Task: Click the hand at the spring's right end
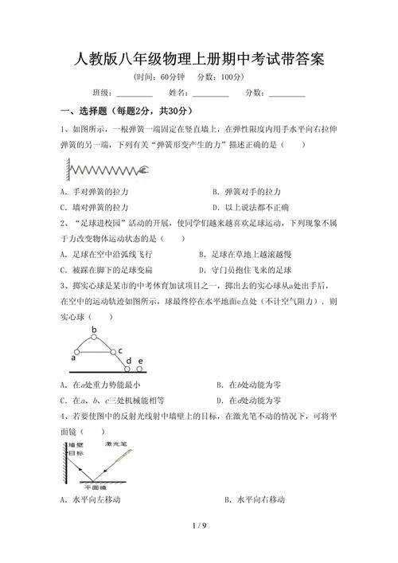click(144, 169)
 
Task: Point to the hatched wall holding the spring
click(63, 170)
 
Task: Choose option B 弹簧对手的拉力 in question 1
click(247, 192)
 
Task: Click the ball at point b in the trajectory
click(94, 338)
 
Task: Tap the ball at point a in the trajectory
click(73, 351)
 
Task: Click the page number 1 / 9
click(199, 526)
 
